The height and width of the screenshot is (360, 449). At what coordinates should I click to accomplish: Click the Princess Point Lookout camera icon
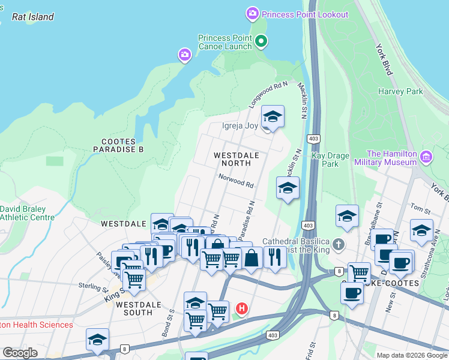tap(252, 13)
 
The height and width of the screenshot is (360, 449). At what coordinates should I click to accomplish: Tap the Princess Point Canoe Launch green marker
tap(261, 41)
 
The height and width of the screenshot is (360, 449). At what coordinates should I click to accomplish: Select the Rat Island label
tap(33, 17)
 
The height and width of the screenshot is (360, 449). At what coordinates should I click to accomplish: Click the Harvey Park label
tap(400, 92)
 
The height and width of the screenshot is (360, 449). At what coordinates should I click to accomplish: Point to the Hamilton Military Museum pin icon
tap(427, 158)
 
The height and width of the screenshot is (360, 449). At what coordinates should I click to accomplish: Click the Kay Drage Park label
tap(330, 160)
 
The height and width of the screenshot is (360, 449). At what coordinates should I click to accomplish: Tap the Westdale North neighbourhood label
tap(237, 159)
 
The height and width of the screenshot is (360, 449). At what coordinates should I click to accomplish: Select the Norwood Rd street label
tap(236, 178)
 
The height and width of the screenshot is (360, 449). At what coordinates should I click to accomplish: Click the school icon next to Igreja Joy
tap(273, 117)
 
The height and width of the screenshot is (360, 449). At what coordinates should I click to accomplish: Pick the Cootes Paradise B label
tap(118, 145)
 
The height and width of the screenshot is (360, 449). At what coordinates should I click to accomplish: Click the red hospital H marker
tap(241, 309)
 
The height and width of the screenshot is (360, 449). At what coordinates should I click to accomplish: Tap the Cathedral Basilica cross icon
tap(338, 244)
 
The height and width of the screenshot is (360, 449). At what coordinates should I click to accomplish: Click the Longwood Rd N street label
tap(268, 96)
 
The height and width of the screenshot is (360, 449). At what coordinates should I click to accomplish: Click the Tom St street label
tap(421, 208)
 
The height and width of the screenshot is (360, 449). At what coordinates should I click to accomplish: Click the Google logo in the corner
tap(20, 353)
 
